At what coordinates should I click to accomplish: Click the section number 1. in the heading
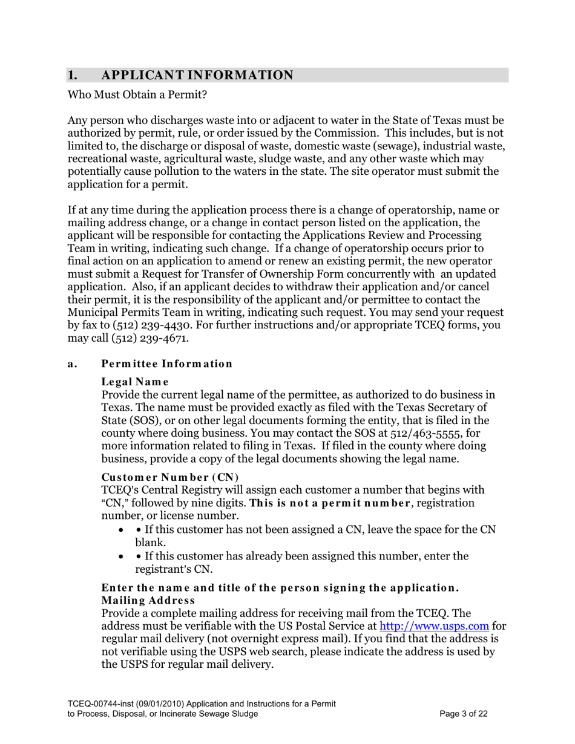click(72, 75)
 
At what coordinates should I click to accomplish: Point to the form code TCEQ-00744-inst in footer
click(103, 703)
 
